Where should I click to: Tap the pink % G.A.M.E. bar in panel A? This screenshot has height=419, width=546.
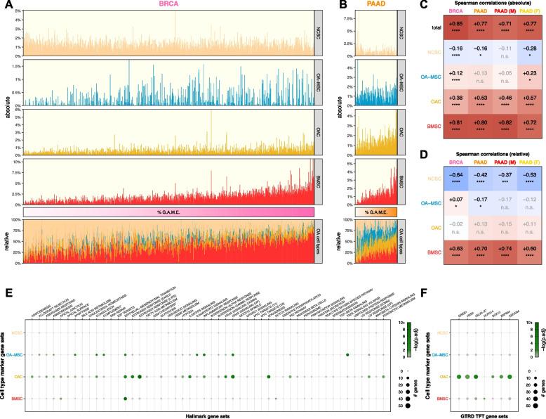pyautogui.click(x=168, y=212)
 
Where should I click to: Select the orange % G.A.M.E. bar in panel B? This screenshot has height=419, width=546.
pyautogui.click(x=377, y=212)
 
